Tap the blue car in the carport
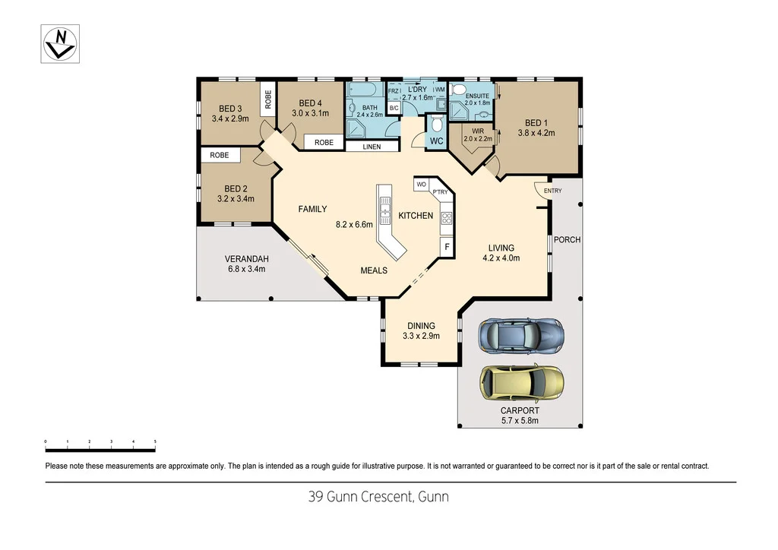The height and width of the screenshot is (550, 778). (520, 335)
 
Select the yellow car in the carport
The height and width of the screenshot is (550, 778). (522, 383)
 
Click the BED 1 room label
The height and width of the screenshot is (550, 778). (535, 123)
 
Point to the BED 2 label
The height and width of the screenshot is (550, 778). (236, 188)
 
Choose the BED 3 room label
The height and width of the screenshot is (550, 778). (230, 109)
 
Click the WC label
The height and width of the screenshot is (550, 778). (436, 141)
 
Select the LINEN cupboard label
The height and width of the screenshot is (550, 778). (372, 147)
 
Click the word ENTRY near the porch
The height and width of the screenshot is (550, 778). (552, 191)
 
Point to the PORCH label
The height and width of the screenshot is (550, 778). (567, 239)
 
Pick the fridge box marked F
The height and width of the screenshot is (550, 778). (447, 247)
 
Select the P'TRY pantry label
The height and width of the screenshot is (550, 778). (440, 192)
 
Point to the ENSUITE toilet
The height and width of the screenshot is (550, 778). (458, 90)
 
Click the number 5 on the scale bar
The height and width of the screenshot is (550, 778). (155, 441)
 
